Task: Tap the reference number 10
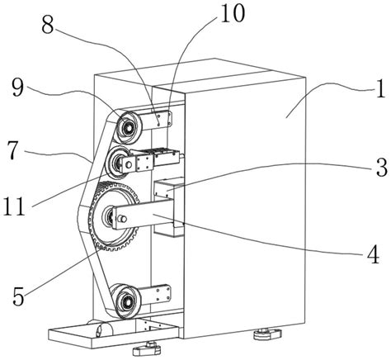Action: (x=233, y=13)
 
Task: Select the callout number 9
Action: (x=17, y=87)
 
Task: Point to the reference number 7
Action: (x=12, y=152)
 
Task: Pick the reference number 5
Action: (x=18, y=296)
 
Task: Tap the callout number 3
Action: (x=382, y=167)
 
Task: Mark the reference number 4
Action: (x=374, y=254)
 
